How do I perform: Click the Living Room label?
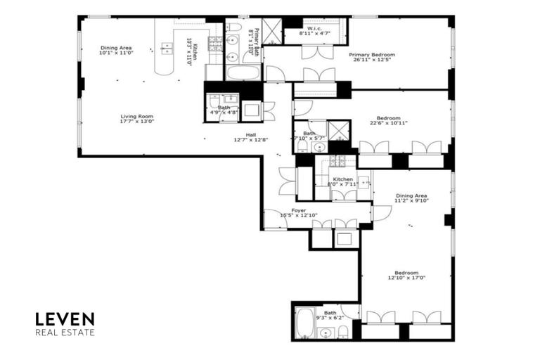[136, 117]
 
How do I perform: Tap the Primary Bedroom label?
[373, 55]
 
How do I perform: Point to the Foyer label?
[298, 210]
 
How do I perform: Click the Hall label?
[251, 134]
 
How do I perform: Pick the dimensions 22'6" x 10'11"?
[388, 123]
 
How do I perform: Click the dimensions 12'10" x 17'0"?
[406, 278]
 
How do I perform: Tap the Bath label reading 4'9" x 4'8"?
[224, 108]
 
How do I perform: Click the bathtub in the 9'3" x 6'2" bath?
[304, 324]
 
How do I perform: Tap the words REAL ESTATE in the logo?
[65, 333]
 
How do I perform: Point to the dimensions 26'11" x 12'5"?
[373, 60]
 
